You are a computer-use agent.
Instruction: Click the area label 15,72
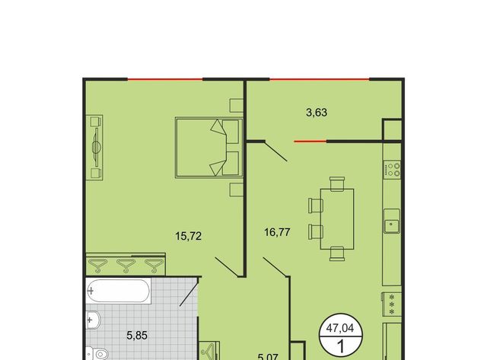(x=188, y=237)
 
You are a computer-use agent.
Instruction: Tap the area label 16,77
(x=277, y=232)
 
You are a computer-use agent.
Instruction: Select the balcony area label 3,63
(x=317, y=113)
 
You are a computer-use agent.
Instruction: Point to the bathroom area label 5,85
(x=137, y=336)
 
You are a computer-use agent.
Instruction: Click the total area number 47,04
(x=340, y=328)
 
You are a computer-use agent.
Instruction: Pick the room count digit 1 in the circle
(x=341, y=346)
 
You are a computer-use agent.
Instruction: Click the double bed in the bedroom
(x=209, y=148)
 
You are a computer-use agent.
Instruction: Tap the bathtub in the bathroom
(x=119, y=291)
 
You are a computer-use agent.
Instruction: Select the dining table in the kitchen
(x=337, y=219)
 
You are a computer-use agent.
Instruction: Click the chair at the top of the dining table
(x=337, y=183)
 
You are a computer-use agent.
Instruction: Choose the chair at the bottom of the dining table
(x=337, y=253)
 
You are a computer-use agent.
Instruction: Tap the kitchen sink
(x=392, y=221)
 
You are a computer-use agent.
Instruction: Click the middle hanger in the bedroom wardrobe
(x=126, y=266)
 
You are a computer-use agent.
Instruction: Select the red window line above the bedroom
(x=165, y=79)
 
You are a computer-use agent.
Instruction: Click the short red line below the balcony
(x=310, y=142)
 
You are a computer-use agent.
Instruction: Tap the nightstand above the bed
(x=236, y=106)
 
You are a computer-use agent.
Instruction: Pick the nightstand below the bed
(x=236, y=190)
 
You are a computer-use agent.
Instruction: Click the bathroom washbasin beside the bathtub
(x=93, y=320)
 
